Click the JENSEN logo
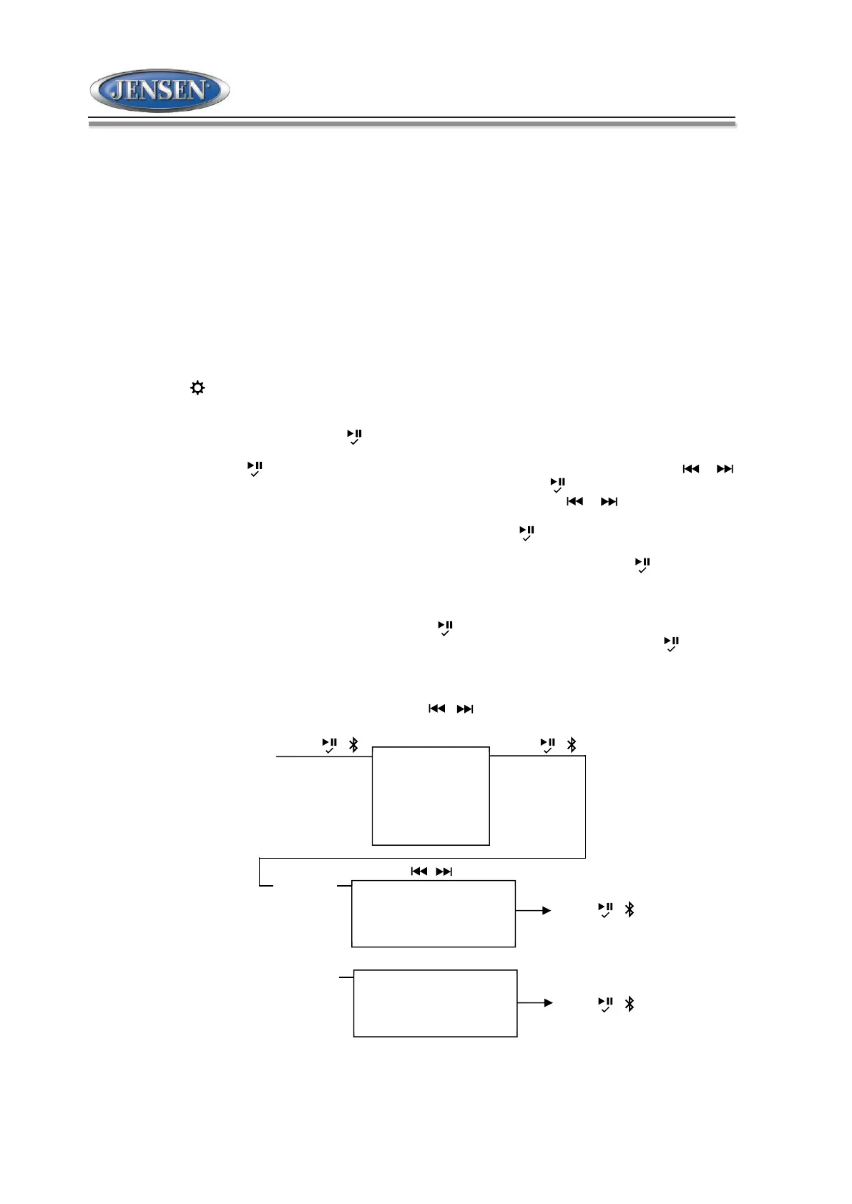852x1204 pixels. pyautogui.click(x=160, y=90)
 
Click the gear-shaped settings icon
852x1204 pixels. pyautogui.click(x=197, y=388)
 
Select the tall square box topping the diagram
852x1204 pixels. pyautogui.click(x=431, y=796)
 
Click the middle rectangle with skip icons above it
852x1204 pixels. pyautogui.click(x=433, y=914)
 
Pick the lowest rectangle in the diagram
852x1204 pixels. pyautogui.click(x=435, y=1003)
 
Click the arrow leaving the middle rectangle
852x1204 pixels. pyautogui.click(x=534, y=910)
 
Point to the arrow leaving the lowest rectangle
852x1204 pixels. pyautogui.click(x=535, y=1002)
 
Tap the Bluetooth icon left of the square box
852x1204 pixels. pyautogui.click(x=353, y=744)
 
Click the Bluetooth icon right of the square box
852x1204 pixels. pyautogui.click(x=572, y=744)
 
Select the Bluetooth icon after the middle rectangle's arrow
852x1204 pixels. pyautogui.click(x=630, y=909)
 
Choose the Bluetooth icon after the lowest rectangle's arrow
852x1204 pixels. pyautogui.click(x=630, y=1004)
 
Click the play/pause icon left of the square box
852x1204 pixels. pyautogui.click(x=329, y=745)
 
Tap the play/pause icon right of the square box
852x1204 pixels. pyautogui.click(x=548, y=745)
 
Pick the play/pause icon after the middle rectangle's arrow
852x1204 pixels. pyautogui.click(x=605, y=909)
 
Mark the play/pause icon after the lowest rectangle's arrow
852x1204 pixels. pyautogui.click(x=605, y=1005)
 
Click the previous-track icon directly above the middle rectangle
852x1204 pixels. pyautogui.click(x=419, y=871)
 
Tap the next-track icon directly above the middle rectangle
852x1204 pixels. pyautogui.click(x=444, y=871)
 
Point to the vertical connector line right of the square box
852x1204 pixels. pyautogui.click(x=585, y=806)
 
